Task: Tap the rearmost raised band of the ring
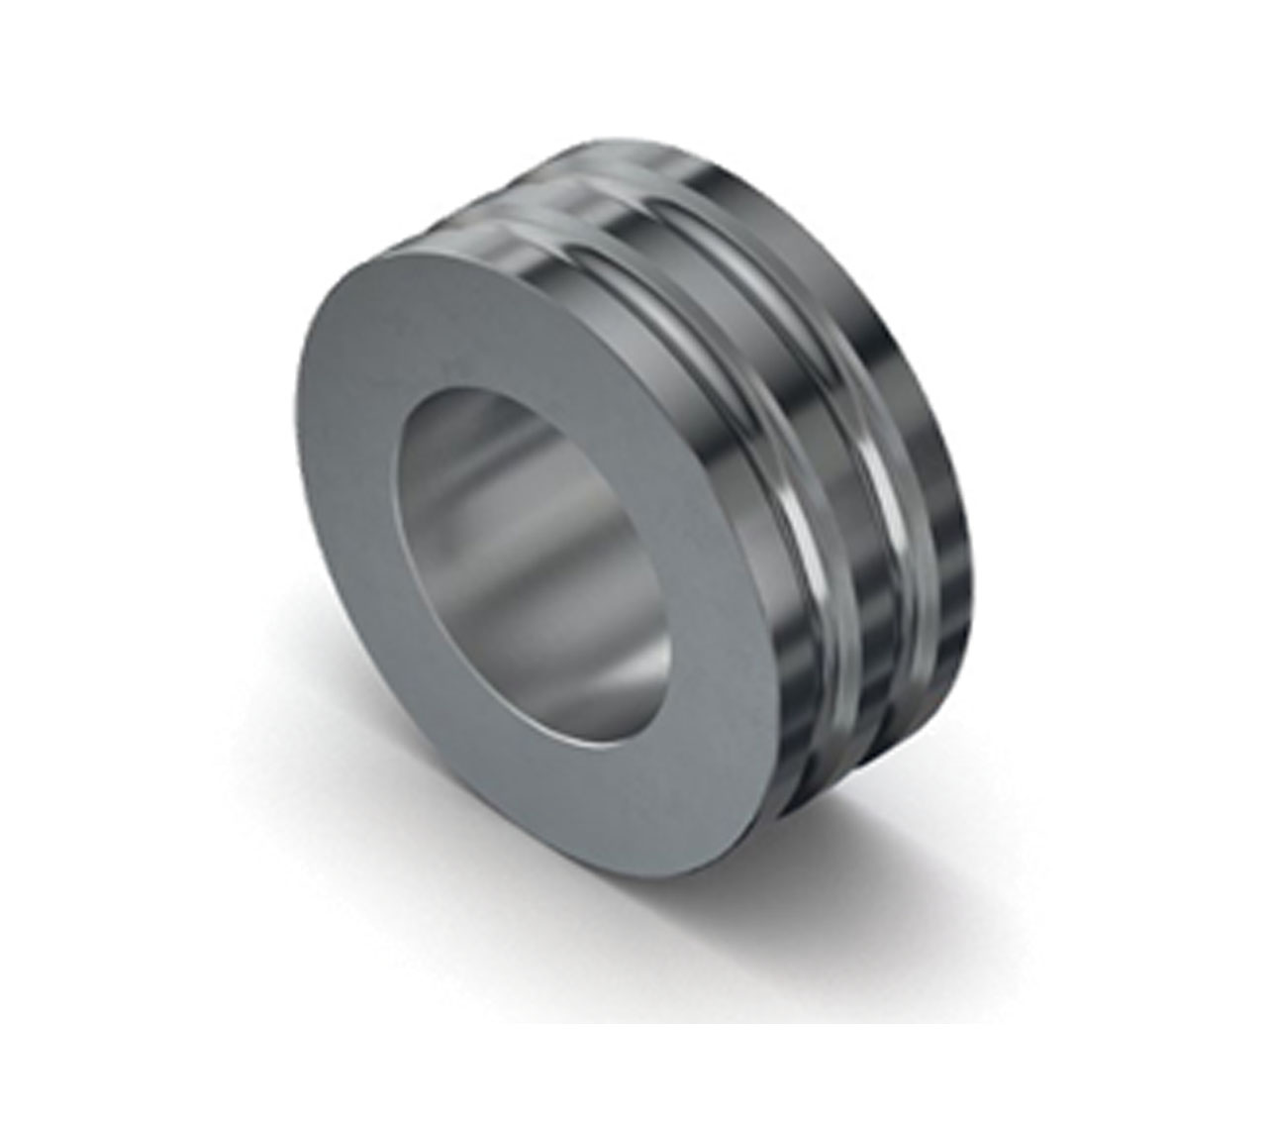(930, 416)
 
